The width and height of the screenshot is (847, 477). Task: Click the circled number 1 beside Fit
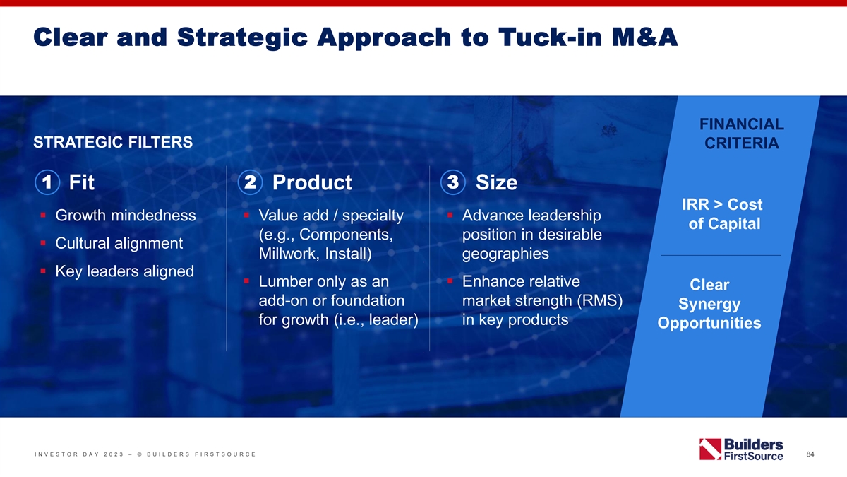47,182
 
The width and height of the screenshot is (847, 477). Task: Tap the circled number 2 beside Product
251,182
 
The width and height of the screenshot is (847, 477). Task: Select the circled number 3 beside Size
453,182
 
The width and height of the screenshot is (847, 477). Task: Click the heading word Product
312,182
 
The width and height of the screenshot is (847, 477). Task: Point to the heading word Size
496,182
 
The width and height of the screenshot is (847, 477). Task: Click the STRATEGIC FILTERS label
113,142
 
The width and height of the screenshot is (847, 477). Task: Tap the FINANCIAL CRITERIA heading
742,134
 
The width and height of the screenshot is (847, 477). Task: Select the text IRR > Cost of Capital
723,214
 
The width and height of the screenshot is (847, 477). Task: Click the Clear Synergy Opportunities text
709,304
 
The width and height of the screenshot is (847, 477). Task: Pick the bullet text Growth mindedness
126,216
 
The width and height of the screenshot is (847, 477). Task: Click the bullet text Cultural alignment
119,243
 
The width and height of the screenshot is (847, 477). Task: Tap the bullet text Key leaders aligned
124,271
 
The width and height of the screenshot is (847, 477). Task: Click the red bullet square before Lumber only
246,281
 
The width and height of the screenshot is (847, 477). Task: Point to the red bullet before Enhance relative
450,281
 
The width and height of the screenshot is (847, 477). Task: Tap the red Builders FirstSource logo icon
710,449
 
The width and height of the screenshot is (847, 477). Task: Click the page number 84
810,454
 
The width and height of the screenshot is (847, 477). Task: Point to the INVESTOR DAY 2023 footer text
79,454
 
